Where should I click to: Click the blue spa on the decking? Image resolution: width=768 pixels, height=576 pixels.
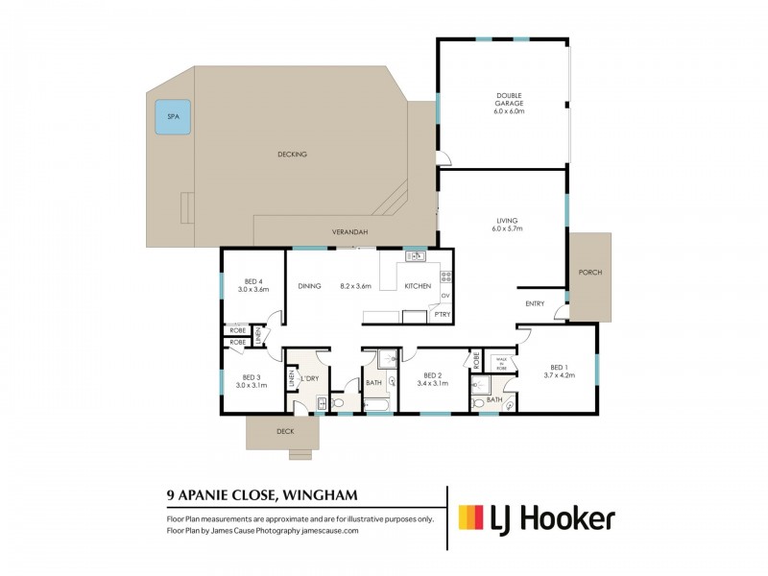point(173,116)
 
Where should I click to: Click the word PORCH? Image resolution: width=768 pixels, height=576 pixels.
point(589,273)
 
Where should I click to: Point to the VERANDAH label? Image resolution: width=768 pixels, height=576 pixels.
point(351,231)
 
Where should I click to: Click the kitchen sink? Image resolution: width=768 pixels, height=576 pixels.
point(416,255)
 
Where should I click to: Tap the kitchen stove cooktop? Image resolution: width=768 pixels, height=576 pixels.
point(445,277)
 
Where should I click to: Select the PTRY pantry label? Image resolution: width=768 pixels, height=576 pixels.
point(443,314)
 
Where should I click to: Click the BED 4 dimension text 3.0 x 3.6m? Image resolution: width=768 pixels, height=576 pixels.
point(253,289)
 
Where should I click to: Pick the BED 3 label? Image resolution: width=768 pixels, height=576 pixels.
point(252,376)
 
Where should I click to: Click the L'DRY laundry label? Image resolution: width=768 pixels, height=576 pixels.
point(309,378)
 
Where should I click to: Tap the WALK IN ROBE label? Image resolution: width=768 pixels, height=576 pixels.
point(499,363)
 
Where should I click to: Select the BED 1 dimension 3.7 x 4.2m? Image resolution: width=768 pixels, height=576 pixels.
point(558,375)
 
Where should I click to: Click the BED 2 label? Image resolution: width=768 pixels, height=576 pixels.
point(432,376)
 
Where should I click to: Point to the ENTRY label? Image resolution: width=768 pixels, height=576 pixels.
point(535,304)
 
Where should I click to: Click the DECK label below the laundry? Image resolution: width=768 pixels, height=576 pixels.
point(285,431)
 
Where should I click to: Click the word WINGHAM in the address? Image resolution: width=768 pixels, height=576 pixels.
point(323,495)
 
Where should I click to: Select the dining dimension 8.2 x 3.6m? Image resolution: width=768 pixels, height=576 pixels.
point(354,285)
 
